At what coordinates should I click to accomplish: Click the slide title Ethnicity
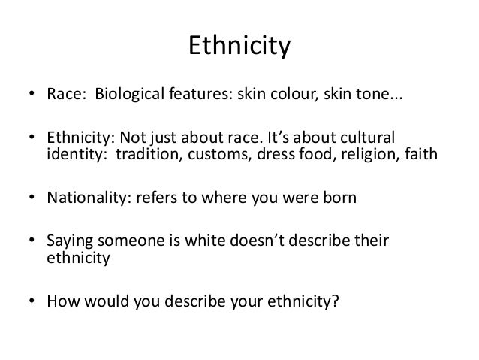(x=239, y=47)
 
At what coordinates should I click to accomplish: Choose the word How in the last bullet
(x=61, y=302)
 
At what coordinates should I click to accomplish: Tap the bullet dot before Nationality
(x=32, y=200)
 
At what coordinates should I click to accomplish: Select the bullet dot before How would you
(x=32, y=303)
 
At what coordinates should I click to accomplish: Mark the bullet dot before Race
(x=32, y=97)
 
